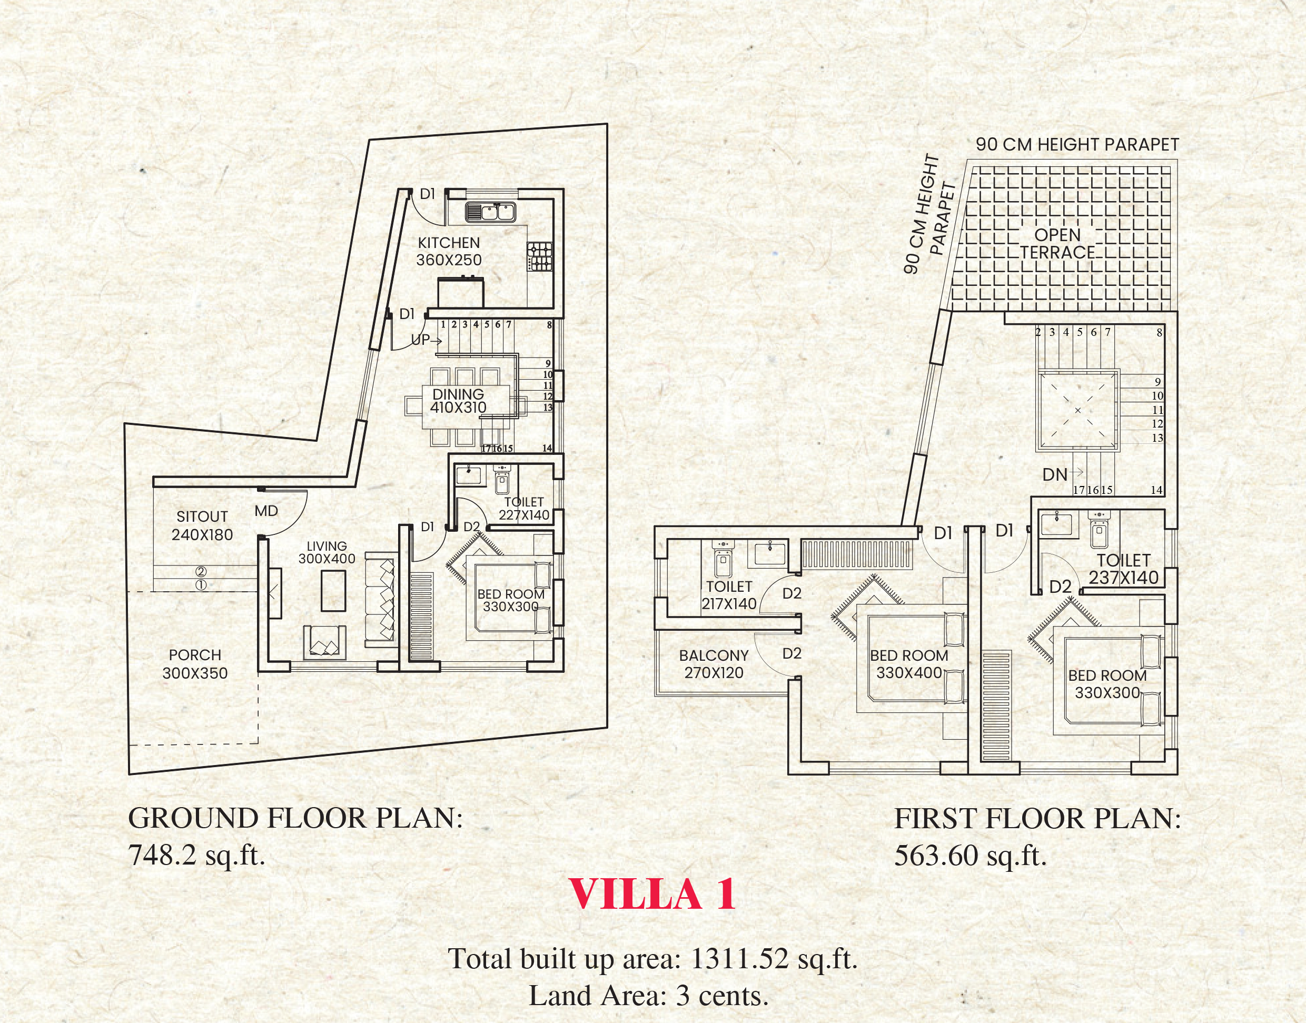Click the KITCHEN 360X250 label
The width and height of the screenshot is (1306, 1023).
tap(449, 252)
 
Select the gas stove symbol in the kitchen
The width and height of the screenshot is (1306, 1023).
tap(540, 256)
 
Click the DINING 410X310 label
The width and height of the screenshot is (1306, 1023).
tap(458, 401)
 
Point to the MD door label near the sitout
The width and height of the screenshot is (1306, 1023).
tap(266, 511)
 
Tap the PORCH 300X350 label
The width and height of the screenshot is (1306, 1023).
tap(195, 663)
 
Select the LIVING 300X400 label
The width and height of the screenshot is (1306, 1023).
tap(326, 552)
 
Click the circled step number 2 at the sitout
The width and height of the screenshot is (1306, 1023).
tap(201, 572)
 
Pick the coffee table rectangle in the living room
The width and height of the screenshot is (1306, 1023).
tap(333, 591)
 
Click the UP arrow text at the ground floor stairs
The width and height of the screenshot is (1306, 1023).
tap(426, 340)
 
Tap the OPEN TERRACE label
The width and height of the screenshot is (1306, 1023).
tap(1057, 243)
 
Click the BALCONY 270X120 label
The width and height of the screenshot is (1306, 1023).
tap(714, 663)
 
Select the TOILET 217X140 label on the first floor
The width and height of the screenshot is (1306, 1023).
tap(728, 595)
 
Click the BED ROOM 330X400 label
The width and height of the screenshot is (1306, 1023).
tap(909, 663)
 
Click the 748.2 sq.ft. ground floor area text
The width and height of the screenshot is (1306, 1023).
tap(196, 855)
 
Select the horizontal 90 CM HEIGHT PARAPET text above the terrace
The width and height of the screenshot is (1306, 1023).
tap(1077, 144)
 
